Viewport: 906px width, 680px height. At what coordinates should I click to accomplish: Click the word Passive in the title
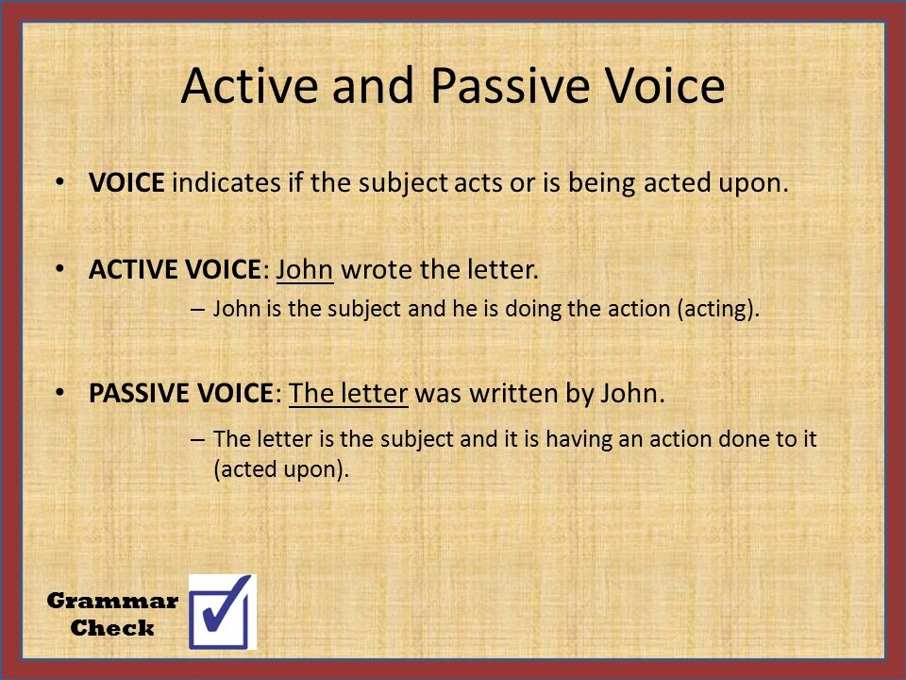510,86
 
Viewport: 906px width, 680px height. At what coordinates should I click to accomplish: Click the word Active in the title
249,86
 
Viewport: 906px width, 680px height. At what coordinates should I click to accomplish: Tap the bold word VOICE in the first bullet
126,182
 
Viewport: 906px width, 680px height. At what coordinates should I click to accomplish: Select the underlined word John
305,270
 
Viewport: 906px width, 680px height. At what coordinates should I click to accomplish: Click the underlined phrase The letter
348,394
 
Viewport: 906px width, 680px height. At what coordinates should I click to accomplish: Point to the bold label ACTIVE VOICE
175,270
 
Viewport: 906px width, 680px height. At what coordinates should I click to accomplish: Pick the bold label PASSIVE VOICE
180,394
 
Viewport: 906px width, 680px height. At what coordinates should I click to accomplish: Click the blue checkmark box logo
223,612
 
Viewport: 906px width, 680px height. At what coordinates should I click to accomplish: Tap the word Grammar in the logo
112,602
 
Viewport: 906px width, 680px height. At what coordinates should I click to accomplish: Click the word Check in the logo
112,628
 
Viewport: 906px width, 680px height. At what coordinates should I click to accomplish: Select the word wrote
377,270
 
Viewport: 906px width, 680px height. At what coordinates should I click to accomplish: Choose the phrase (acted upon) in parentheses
280,469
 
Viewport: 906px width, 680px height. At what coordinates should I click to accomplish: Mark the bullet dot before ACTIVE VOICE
59,270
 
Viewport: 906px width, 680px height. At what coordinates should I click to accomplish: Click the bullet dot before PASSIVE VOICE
59,394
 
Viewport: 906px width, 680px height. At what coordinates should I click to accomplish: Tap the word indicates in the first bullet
226,182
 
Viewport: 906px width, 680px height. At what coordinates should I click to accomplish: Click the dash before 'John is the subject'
197,310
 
